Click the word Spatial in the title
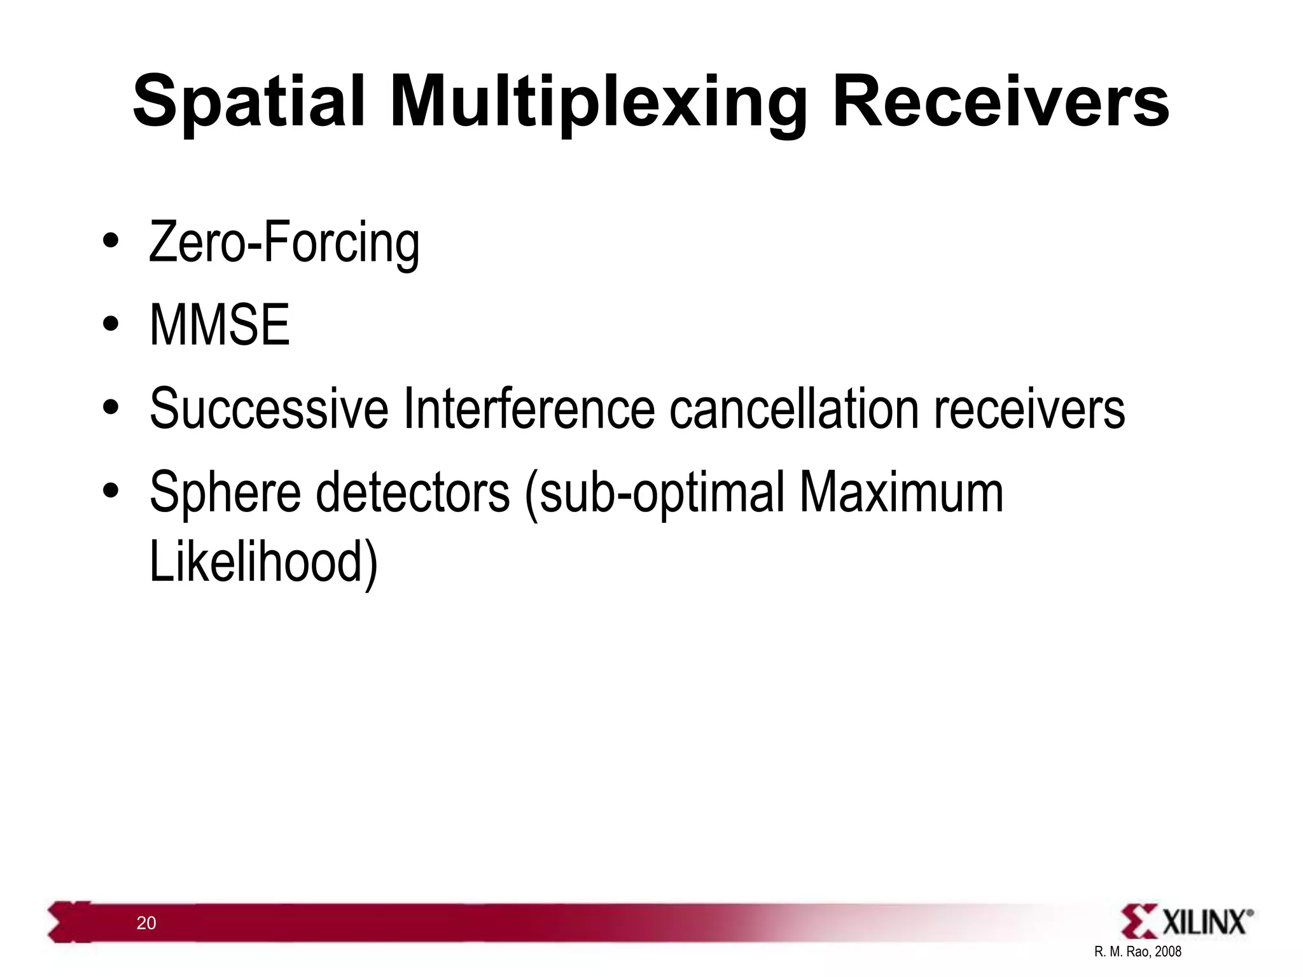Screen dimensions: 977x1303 coord(249,102)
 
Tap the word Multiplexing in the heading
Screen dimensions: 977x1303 coord(598,105)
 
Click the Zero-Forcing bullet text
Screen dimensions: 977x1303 coord(284,244)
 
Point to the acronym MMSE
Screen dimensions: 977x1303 coord(219,325)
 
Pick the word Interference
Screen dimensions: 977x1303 coord(529,408)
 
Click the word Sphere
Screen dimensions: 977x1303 coord(225,493)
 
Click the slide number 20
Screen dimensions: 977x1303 coord(146,924)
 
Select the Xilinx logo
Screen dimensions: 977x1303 coord(1187,922)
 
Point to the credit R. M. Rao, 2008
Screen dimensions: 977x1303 coord(1138,952)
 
